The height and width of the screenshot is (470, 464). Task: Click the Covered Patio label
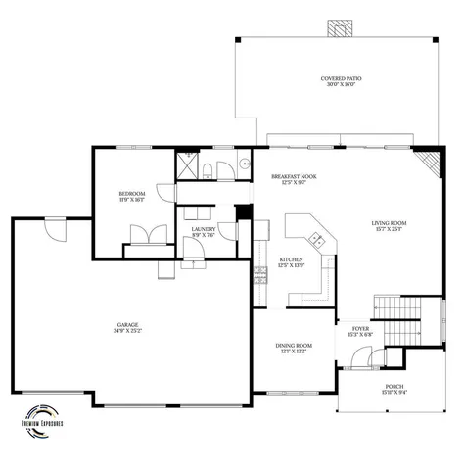point(341,81)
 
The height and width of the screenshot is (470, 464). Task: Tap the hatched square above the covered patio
point(342,27)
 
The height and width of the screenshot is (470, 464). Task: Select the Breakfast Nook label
point(294,179)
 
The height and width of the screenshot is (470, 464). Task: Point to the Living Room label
point(389,226)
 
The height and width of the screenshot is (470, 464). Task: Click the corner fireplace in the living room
point(428,162)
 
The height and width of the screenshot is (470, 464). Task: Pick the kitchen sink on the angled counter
point(316,239)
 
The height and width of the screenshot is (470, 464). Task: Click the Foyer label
point(359,331)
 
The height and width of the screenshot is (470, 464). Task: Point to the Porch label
point(394,390)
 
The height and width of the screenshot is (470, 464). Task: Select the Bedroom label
point(132,197)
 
